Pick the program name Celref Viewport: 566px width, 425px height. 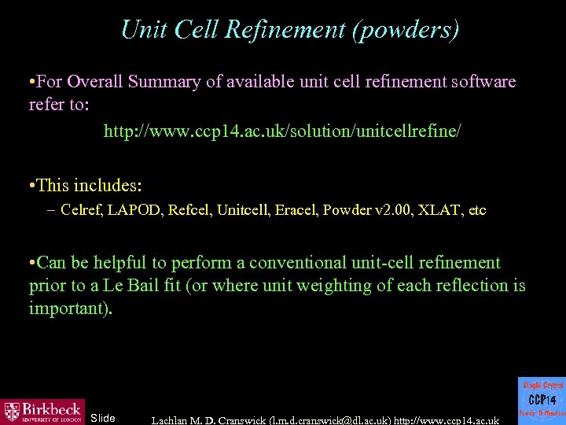point(81,210)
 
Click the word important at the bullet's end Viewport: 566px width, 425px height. point(69,309)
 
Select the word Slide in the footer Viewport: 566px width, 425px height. point(103,417)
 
